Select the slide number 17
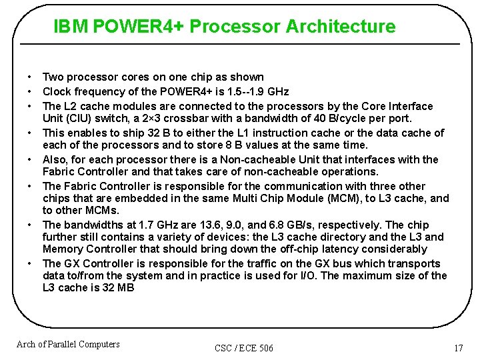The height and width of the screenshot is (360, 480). click(x=458, y=348)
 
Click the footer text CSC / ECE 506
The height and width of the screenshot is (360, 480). click(x=244, y=348)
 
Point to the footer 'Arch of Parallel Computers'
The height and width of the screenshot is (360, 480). click(x=68, y=344)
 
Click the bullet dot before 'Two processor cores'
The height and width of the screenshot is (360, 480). click(x=31, y=78)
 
